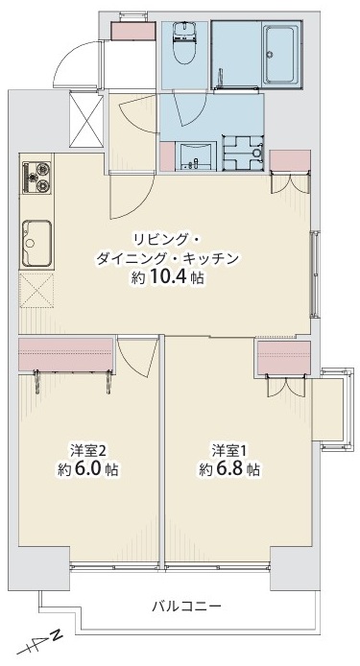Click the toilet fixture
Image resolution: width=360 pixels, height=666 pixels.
point(184,39)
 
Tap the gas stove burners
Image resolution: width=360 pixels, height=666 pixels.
point(37,177)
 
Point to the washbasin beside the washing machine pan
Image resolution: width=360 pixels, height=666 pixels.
point(198,153)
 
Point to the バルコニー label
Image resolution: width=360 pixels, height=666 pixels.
point(187,607)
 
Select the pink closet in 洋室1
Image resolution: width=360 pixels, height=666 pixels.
point(284,357)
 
